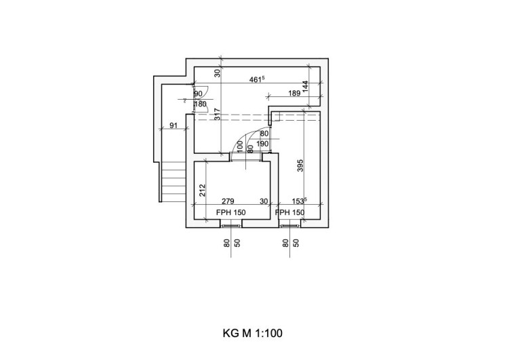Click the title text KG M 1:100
(x=252, y=333)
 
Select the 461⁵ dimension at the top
(x=256, y=80)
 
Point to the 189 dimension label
(x=295, y=94)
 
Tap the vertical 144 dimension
(x=306, y=86)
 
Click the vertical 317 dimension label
(x=218, y=114)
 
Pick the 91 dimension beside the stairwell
(x=174, y=125)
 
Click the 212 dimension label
(x=202, y=191)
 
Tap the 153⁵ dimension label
(x=300, y=201)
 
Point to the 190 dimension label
(x=264, y=144)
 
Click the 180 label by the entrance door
(x=200, y=104)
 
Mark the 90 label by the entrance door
(x=198, y=94)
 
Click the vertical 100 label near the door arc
(x=240, y=146)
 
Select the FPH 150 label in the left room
(x=230, y=212)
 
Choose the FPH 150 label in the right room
(x=289, y=212)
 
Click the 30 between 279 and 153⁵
(x=264, y=202)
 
